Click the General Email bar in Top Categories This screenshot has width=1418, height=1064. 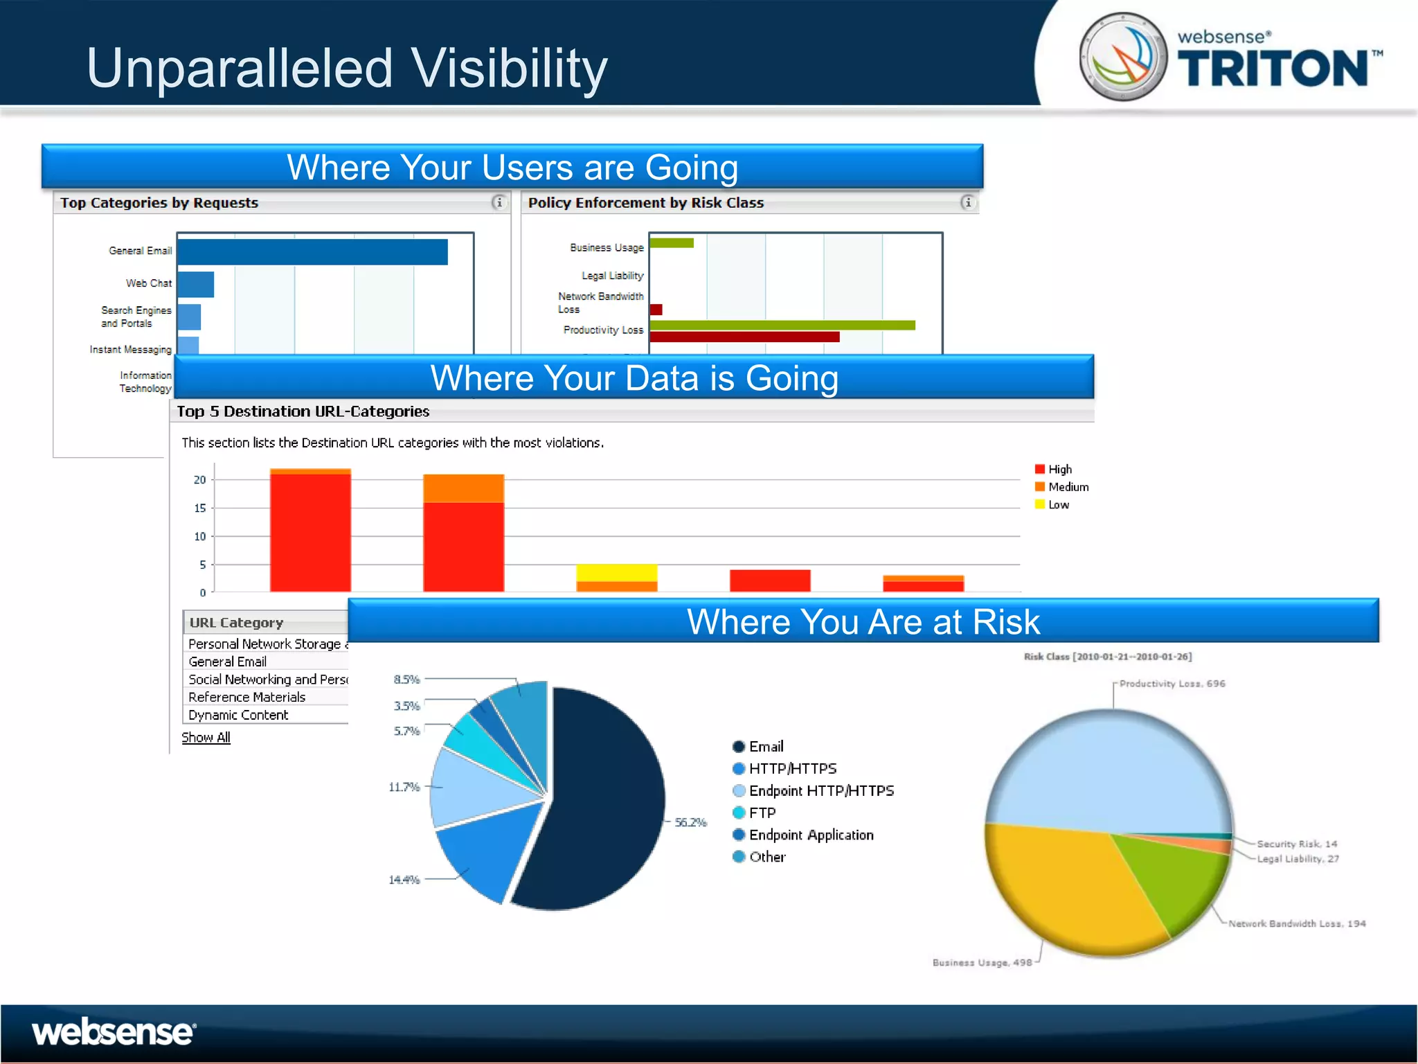click(x=312, y=251)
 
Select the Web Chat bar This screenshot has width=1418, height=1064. click(x=196, y=284)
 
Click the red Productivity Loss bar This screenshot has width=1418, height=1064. click(x=744, y=337)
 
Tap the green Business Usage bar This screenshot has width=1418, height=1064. click(x=672, y=242)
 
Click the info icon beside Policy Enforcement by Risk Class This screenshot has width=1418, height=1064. click(x=967, y=202)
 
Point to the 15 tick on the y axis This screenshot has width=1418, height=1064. click(x=200, y=508)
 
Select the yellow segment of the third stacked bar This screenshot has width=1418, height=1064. click(x=616, y=572)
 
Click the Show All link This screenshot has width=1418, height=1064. click(x=206, y=738)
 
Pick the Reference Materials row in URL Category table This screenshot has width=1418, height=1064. click(x=247, y=697)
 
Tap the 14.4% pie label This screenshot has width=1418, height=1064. click(x=404, y=880)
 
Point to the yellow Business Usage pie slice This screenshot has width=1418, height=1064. click(x=1059, y=887)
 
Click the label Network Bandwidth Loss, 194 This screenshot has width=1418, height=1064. click(x=1297, y=923)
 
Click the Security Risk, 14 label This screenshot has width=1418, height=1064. click(x=1297, y=844)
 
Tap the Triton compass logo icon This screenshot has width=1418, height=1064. click(x=1124, y=56)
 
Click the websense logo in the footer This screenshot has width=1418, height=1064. click(x=114, y=1032)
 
